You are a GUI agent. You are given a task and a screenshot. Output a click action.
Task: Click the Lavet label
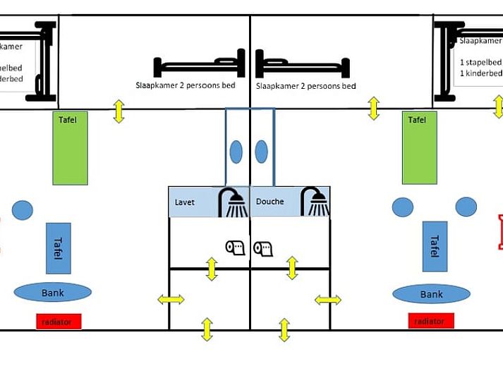pyautogui.click(x=185, y=202)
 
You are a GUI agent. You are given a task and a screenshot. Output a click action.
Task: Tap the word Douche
pyautogui.click(x=269, y=202)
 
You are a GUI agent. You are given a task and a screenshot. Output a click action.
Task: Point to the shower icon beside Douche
pyautogui.click(x=315, y=202)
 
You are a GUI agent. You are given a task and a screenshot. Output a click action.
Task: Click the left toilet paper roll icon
pyautogui.click(x=234, y=248)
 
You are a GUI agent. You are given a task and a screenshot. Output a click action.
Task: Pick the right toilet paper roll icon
pyautogui.click(x=263, y=248)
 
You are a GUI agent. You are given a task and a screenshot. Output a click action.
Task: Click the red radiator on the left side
pyautogui.click(x=59, y=322)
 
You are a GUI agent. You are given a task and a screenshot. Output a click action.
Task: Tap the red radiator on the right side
pyautogui.click(x=430, y=321)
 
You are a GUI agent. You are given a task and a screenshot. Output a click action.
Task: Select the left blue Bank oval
pyautogui.click(x=53, y=292)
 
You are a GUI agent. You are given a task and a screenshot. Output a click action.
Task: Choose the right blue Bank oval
pyautogui.click(x=431, y=294)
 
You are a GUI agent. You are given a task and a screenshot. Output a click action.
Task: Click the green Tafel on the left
pyautogui.click(x=71, y=148)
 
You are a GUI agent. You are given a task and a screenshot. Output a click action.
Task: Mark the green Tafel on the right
pyautogui.click(x=419, y=148)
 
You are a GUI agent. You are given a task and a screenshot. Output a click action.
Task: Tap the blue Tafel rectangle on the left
pyautogui.click(x=59, y=248)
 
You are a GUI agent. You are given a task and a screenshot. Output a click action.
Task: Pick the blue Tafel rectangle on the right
pyautogui.click(x=435, y=246)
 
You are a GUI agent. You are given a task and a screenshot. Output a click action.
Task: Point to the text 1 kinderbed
pyautogui.click(x=480, y=73)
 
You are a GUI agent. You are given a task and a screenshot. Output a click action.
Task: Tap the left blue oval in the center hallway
pyautogui.click(x=236, y=152)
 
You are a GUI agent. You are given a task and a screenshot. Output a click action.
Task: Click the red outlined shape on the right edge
pyautogui.click(x=500, y=233)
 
